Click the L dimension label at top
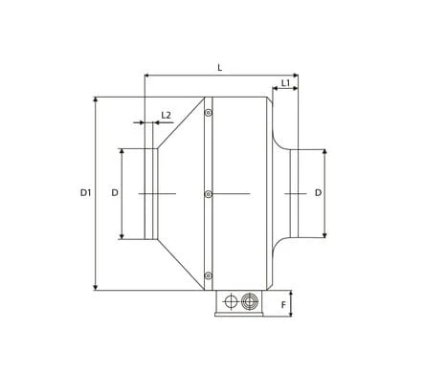coord(220,68)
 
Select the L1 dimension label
coord(285,83)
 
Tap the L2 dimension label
coord(166,115)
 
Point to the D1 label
coord(85,192)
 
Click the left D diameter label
coord(115,192)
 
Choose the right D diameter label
coord(318,192)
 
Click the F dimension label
coord(283,305)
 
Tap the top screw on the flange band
coord(209,113)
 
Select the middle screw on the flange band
coord(209,194)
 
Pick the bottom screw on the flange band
coord(209,275)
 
